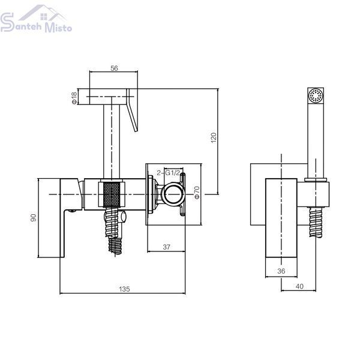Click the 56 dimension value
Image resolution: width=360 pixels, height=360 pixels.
114,68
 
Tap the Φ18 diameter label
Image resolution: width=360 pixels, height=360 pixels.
74,98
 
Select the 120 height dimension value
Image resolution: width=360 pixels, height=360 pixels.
214,138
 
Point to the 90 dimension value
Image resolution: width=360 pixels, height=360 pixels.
34,217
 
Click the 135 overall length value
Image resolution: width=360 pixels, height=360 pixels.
124,289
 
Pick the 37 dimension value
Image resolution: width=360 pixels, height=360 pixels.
166,247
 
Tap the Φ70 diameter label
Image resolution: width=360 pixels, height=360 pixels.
197,193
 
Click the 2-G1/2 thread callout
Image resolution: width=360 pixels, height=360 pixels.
168,173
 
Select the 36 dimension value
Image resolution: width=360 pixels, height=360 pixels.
281,271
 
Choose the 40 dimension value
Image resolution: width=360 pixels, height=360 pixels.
299,286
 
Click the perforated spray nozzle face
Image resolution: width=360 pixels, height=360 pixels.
316,95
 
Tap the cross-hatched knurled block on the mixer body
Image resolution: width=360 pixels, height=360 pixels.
112,194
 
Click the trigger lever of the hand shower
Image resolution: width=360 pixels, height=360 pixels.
132,110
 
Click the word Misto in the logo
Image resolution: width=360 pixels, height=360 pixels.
58,27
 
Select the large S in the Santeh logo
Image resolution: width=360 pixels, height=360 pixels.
7,22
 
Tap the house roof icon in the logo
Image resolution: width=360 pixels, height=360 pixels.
43,13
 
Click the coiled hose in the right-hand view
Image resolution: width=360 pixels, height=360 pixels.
316,222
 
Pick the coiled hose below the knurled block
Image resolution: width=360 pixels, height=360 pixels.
113,230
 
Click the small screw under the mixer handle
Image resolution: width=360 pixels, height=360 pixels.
73,211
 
